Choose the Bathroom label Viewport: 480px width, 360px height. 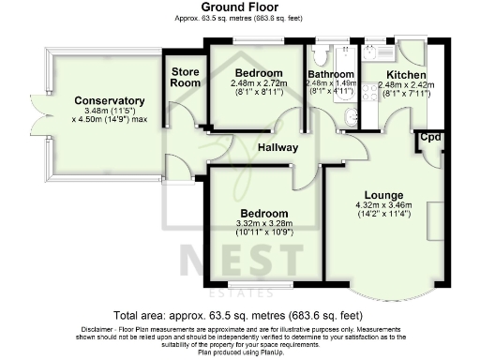tap(332, 74)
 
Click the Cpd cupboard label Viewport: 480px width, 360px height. tap(430, 138)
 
